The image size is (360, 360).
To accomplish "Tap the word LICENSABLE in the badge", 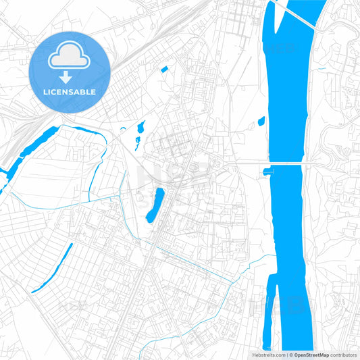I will coord(69,92).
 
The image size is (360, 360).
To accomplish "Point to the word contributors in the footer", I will coord(342,355).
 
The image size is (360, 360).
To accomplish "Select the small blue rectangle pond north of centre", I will coord(165,69).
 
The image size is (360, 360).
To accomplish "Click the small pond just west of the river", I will coord(261,122).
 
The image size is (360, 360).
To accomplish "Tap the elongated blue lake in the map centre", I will coord(155,205).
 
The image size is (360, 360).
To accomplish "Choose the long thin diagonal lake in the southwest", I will coord(53,267).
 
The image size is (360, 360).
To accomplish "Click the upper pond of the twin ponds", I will coord(142,126).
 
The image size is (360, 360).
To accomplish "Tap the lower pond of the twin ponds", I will coord(137,141).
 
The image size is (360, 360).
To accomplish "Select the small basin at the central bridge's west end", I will coord(267,172).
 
